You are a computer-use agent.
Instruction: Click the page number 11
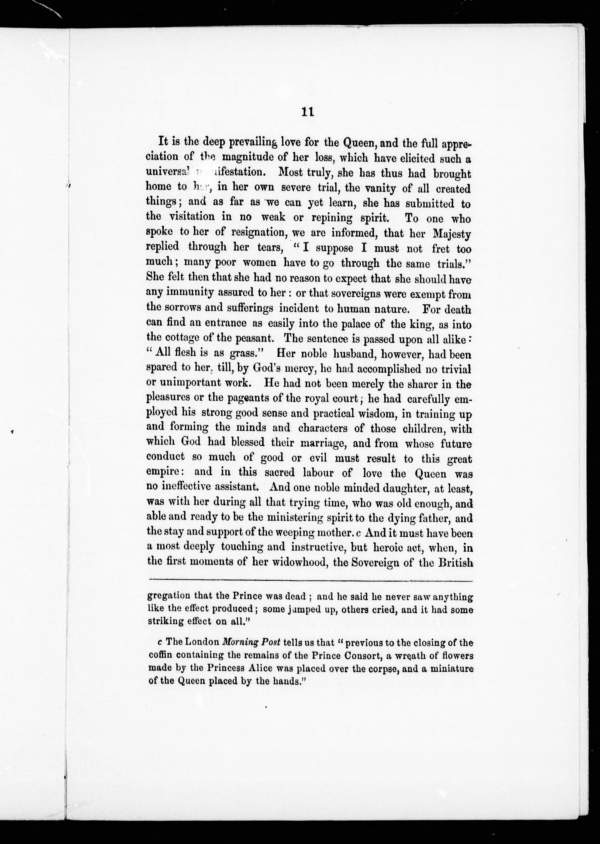point(307,112)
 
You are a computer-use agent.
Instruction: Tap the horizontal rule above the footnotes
point(310,582)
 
